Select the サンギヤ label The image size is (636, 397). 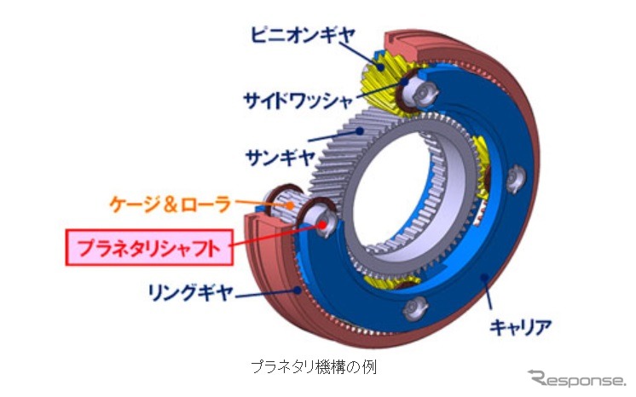point(273,156)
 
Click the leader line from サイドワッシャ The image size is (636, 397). point(375,95)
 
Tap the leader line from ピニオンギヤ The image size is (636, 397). point(367,47)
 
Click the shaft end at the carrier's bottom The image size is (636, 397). point(419,306)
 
